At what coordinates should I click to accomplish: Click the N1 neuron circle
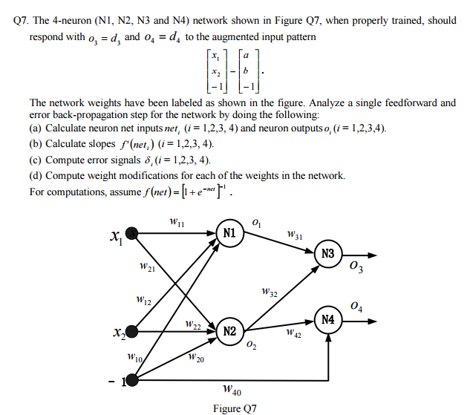pyautogui.click(x=229, y=232)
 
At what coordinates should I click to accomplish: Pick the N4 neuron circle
pyautogui.click(x=328, y=320)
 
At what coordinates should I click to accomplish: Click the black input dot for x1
pyautogui.click(x=132, y=233)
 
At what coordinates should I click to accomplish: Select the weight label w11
pyautogui.click(x=177, y=221)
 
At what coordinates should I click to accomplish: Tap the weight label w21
pyautogui.click(x=146, y=267)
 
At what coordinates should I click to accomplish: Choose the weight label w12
pyautogui.click(x=144, y=301)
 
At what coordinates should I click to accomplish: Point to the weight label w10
pyautogui.click(x=134, y=357)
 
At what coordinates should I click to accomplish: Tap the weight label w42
pyautogui.click(x=293, y=334)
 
